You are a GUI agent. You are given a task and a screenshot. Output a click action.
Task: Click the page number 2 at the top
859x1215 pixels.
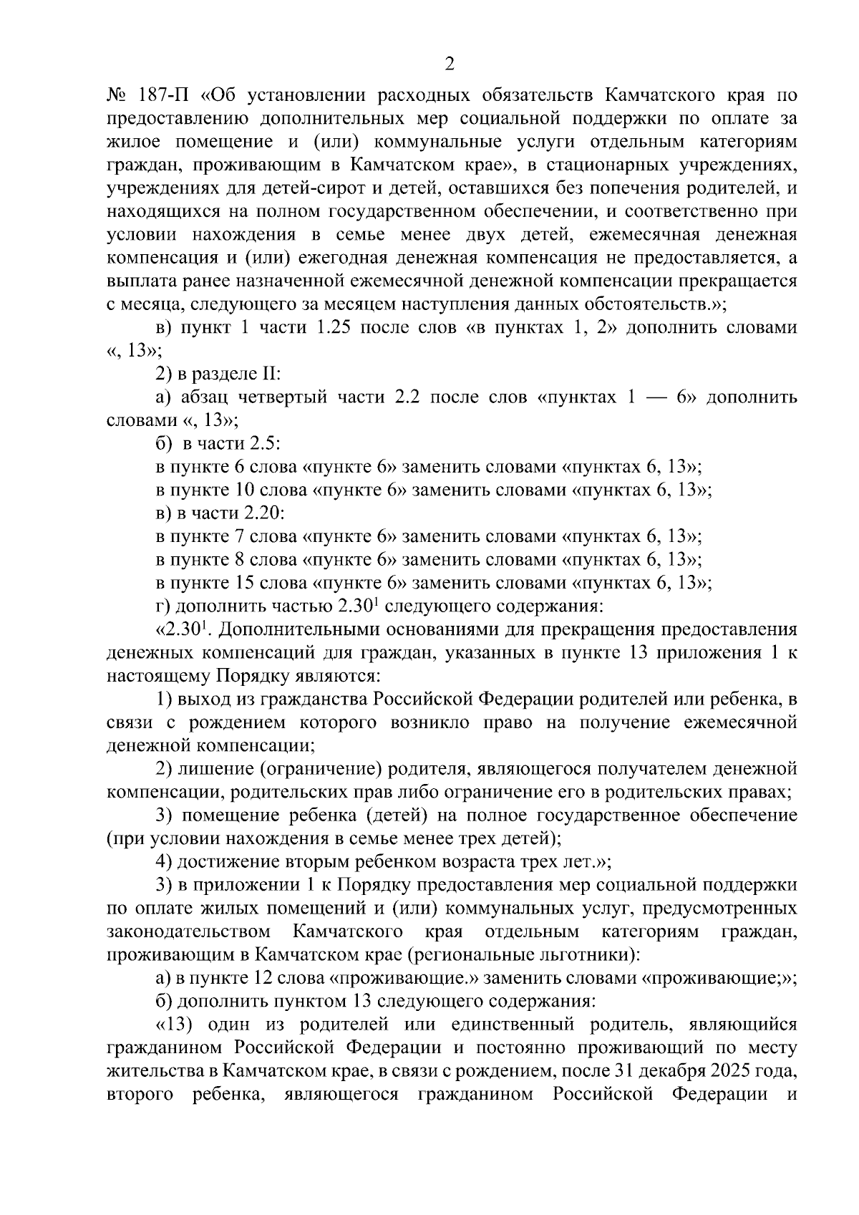450,64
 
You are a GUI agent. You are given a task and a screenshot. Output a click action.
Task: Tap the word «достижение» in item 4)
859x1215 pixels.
219,862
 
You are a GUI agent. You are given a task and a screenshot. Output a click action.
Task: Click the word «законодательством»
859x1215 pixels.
188,932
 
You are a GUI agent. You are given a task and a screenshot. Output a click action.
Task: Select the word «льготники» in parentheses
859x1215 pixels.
596,955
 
